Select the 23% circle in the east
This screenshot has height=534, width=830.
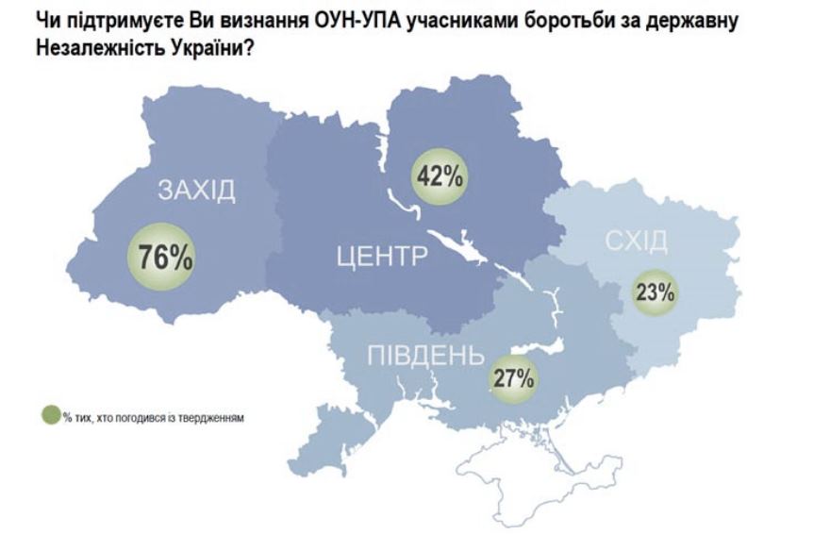(655, 292)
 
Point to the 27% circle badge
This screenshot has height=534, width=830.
(515, 379)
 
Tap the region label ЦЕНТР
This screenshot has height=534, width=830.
(382, 256)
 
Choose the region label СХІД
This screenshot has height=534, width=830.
(636, 242)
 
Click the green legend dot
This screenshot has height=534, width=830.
(52, 417)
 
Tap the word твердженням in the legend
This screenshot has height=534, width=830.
(215, 418)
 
